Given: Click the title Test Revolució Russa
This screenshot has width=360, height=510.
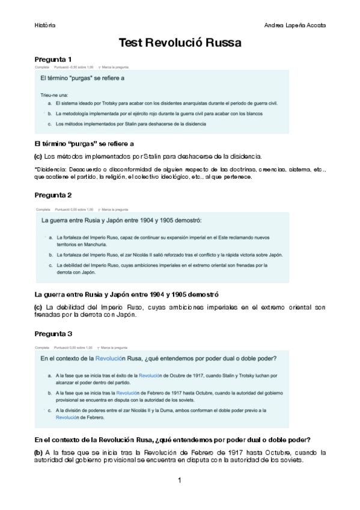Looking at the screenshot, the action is point(180,43).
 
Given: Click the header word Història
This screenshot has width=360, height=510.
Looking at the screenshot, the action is point(45,25).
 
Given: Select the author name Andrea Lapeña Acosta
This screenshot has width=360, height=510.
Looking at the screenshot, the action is point(295,25).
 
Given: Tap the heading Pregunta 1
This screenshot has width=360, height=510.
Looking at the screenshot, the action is point(53,60).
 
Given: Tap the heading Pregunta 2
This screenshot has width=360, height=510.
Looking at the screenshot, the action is point(53,195).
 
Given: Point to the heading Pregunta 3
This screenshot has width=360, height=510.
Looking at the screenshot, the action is point(53,333).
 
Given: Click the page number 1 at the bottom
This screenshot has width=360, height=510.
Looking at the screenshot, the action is point(179,480).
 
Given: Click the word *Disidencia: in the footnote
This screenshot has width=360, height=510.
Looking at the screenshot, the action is point(51,169).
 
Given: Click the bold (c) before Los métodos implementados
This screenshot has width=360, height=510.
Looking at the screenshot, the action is point(38,156).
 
